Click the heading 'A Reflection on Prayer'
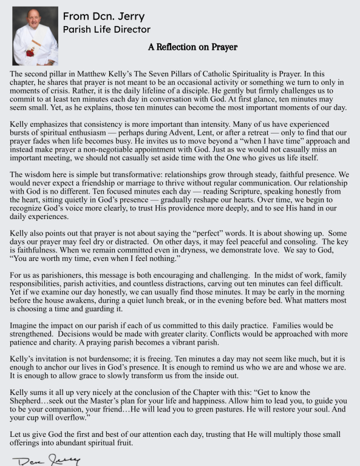[192, 47]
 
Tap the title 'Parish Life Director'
[107, 29]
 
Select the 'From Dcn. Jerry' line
[104, 16]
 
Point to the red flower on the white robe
[30, 52]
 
